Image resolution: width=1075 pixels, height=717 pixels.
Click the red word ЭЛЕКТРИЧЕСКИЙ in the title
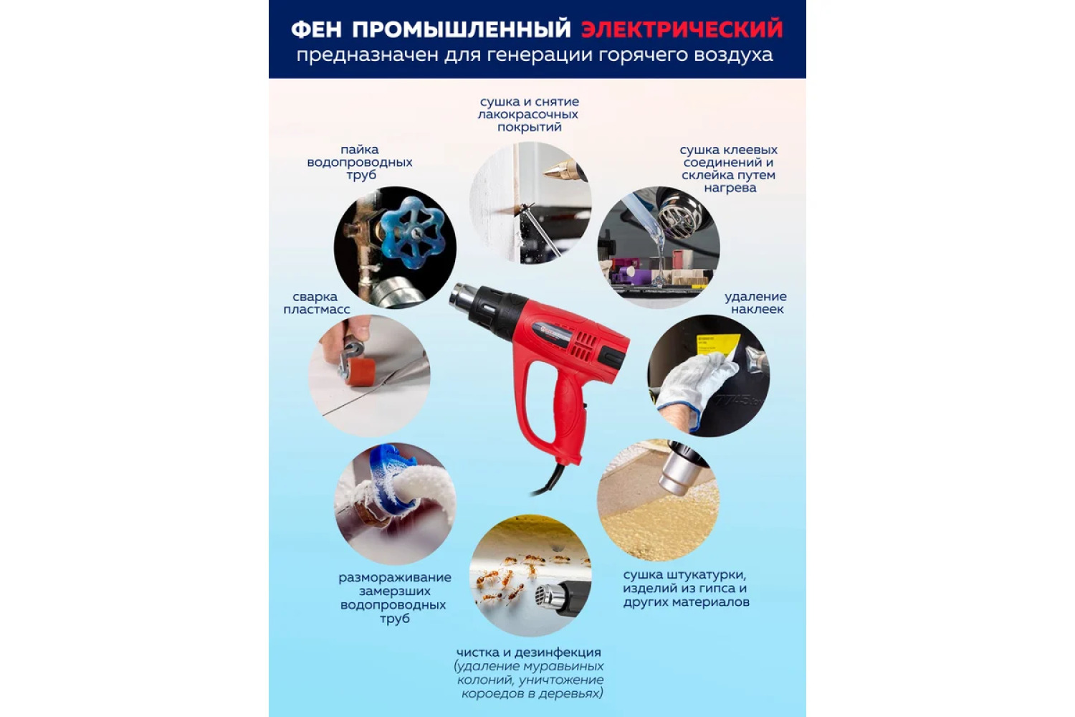pos(682,29)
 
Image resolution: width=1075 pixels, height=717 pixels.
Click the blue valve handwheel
pos(411,233)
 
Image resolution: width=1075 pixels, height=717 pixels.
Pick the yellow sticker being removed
pos(717,346)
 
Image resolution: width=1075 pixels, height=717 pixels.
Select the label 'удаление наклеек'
pos(755,303)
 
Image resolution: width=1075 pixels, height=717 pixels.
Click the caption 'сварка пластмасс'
pos(316,303)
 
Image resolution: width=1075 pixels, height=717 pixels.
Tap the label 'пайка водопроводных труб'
pos(360,162)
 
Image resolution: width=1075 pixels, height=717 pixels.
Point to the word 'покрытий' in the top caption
pos(530,127)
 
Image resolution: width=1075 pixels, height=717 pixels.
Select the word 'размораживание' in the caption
pos(395,578)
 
